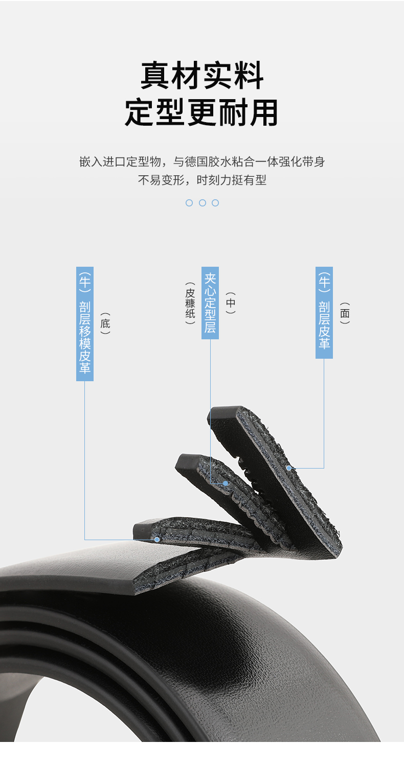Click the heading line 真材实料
pyautogui.click(x=202, y=76)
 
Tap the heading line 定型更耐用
pyautogui.click(x=202, y=112)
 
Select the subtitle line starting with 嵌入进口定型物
pyautogui.click(x=202, y=162)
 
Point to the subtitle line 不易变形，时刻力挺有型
pyautogui.click(x=202, y=180)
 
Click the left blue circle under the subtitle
pyautogui.click(x=189, y=203)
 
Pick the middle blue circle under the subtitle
pyautogui.click(x=202, y=203)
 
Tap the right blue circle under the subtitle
pyautogui.click(x=215, y=203)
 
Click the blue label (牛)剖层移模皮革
pyautogui.click(x=85, y=323)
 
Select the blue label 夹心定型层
pyautogui.click(x=210, y=303)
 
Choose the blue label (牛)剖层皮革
pyautogui.click(x=324, y=312)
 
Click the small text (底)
pyautogui.click(x=105, y=323)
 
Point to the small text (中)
pyautogui.click(x=231, y=303)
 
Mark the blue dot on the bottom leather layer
pyautogui.click(x=157, y=539)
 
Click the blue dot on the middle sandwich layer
pyautogui.click(x=225, y=483)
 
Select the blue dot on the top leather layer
pyautogui.click(x=289, y=468)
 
